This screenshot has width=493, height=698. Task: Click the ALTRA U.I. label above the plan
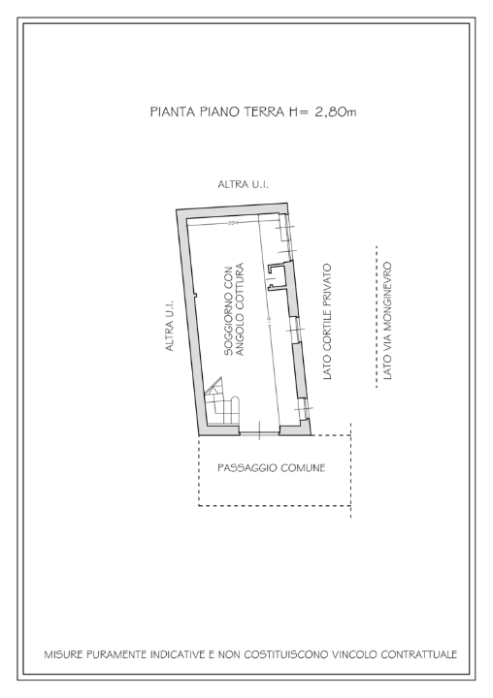point(243,184)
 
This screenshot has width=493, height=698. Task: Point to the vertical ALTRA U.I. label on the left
point(169,325)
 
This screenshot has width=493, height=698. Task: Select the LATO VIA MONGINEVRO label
point(387,319)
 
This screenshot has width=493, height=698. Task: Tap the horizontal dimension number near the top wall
point(233,223)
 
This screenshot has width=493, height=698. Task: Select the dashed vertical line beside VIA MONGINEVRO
point(375,319)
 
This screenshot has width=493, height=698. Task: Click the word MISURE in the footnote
point(66,654)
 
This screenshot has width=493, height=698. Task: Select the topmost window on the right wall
point(286,229)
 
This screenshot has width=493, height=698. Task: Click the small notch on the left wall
point(195,295)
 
